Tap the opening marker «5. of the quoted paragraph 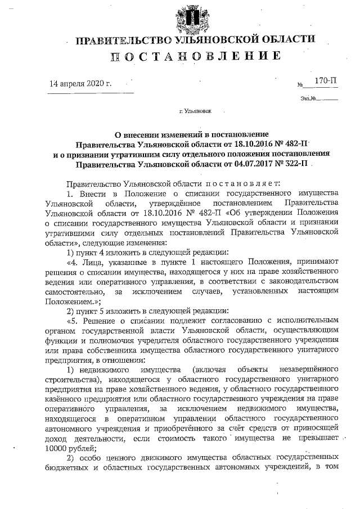73,319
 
